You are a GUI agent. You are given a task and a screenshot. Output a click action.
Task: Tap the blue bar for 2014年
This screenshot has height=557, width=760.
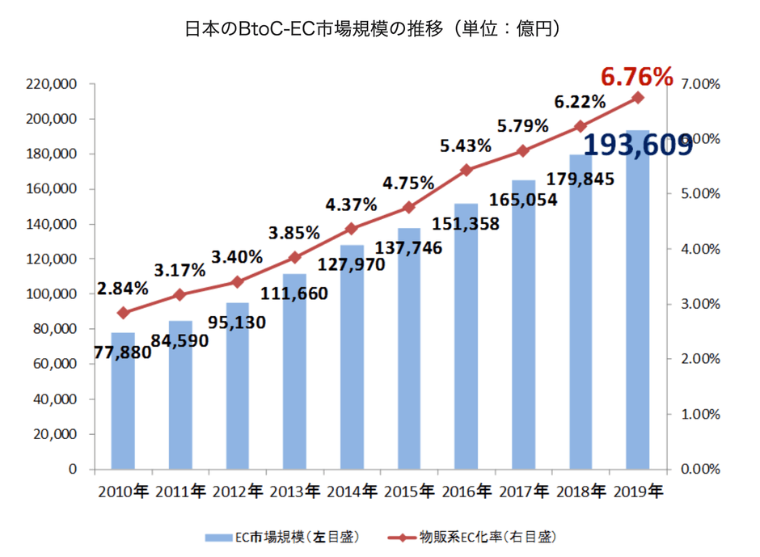tap(352, 364)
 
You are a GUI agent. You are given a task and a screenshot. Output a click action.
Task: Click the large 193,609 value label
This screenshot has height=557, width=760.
tap(638, 144)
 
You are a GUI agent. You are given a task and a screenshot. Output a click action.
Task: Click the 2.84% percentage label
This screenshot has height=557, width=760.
tap(123, 289)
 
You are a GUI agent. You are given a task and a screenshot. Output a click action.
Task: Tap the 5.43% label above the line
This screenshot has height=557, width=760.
tap(466, 146)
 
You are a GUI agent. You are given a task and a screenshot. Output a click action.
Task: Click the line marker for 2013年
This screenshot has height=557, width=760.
tap(294, 257)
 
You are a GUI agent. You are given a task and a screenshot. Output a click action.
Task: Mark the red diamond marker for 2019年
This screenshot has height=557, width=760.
tap(638, 97)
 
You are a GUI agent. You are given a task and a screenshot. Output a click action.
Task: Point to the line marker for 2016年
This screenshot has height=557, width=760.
tap(467, 170)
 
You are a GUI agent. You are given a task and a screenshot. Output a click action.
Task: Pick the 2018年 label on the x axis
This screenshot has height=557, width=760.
tap(581, 491)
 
